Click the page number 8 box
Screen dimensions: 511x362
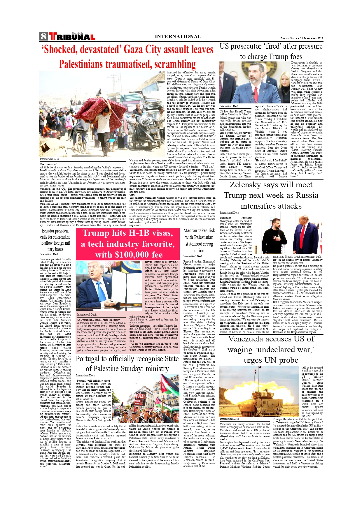click(x=43, y=36)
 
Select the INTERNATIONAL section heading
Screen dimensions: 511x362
click(x=178, y=36)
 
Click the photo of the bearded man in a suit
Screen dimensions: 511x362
click(x=253, y=82)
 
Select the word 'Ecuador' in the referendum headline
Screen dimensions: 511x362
click(x=48, y=231)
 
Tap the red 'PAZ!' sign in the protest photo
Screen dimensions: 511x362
click(x=140, y=397)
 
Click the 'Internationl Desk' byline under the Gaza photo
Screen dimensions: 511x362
click(x=49, y=159)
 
